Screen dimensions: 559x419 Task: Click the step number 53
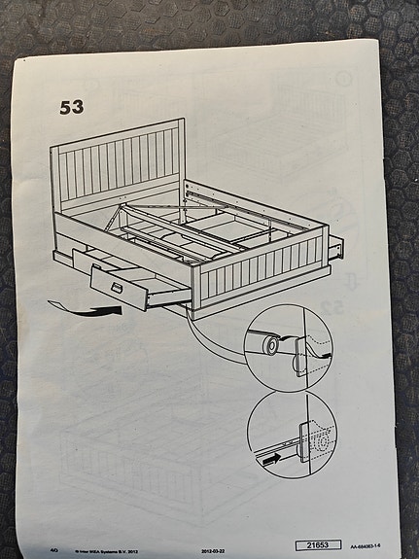[x=71, y=106]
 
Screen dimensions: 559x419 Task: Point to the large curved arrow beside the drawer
[x=83, y=308]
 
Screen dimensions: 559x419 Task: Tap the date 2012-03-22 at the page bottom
[x=220, y=548]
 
